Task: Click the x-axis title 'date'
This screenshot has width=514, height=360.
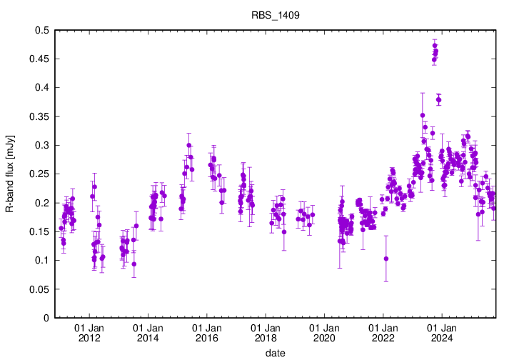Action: [276, 353]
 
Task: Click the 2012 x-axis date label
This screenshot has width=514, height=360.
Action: [89, 338]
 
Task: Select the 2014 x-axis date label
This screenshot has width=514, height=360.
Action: [148, 338]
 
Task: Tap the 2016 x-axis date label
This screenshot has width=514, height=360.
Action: [206, 338]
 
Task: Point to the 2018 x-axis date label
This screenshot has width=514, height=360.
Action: [265, 338]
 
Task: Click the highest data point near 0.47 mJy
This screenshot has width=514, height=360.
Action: [435, 46]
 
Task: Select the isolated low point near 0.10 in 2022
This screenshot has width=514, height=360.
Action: [386, 259]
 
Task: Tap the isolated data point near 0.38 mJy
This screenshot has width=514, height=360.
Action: [438, 99]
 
